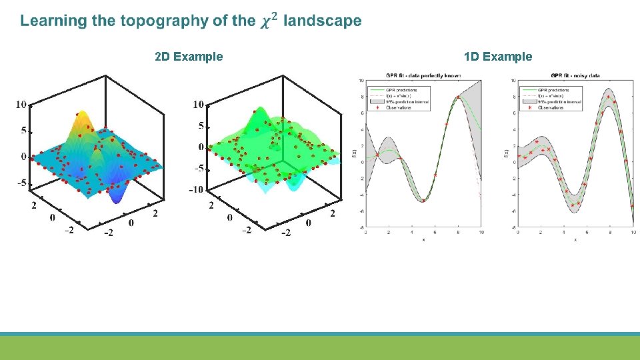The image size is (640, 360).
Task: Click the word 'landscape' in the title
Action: point(323,21)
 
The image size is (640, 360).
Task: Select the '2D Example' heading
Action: point(189,57)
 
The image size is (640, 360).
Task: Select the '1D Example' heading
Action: point(499,57)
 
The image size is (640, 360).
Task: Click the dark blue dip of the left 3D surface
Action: point(121,193)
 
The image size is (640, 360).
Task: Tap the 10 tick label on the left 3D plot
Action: point(21,105)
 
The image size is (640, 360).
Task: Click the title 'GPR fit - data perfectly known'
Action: point(423,75)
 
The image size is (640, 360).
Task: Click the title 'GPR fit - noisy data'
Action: point(577,75)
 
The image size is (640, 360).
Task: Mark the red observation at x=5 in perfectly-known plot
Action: point(423,200)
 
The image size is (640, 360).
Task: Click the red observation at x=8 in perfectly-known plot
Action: point(458,98)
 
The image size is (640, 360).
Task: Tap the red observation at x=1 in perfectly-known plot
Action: point(377,155)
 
